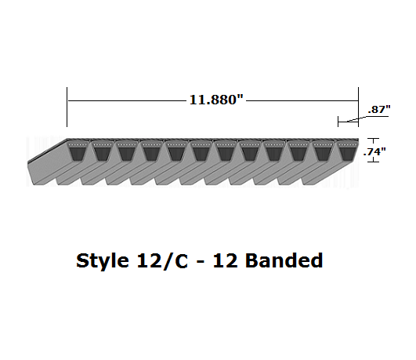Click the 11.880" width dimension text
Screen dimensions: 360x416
(x=213, y=100)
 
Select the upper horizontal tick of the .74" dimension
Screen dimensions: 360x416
(x=373, y=139)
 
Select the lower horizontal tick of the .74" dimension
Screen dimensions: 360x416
(x=373, y=162)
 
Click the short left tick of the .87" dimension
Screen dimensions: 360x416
(x=338, y=121)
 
